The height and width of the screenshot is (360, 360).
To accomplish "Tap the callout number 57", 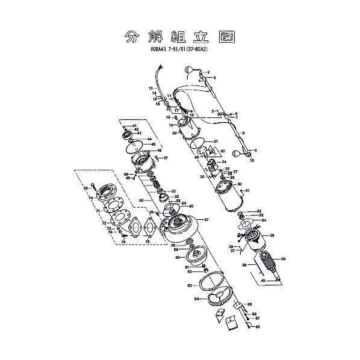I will [x=206, y=220].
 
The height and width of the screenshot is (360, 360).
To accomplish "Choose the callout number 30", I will [x=239, y=184].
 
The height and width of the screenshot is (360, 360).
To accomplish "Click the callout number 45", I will [x=154, y=144].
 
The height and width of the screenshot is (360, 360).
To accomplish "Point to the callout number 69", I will [x=86, y=188].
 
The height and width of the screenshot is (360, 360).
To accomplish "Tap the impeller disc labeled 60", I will [x=193, y=258].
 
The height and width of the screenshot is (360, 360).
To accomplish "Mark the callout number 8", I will [x=243, y=132].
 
